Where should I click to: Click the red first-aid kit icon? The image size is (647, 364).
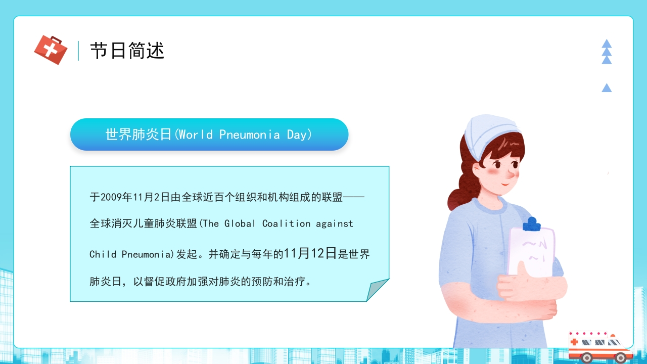tap(51, 50)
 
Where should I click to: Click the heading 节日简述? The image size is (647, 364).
tap(127, 51)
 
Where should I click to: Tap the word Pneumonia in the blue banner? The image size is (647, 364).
tap(249, 135)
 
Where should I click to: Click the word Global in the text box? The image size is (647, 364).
tap(240, 223)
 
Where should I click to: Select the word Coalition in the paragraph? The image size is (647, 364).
tap(286, 223)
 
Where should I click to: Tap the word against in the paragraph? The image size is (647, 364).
tap(335, 224)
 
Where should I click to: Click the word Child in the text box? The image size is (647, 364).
tap(103, 254)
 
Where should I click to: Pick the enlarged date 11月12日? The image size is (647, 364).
tap(310, 253)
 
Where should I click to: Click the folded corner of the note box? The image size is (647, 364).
tap(377, 290)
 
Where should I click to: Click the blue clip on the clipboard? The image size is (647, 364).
tap(531, 224)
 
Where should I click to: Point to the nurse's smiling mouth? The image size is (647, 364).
tap(505, 184)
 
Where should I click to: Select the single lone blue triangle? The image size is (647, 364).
tap(607, 88)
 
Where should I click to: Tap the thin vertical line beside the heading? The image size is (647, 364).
tap(78, 51)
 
